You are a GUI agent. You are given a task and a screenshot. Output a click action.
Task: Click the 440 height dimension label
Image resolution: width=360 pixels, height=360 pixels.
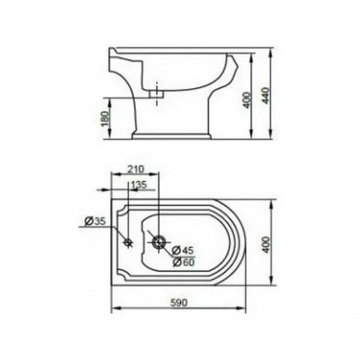[x=265, y=96]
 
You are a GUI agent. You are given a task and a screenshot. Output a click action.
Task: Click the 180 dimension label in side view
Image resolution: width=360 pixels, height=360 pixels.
[x=105, y=119]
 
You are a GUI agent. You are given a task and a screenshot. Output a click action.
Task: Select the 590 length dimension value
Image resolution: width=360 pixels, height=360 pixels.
[x=179, y=302]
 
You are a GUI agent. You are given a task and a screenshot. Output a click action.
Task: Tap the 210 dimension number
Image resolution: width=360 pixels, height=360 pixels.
[x=136, y=169]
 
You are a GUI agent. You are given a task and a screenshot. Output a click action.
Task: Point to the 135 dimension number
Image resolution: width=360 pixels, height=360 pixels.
[x=139, y=185]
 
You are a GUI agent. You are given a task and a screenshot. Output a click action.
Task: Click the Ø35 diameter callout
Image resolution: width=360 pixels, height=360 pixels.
[x=95, y=221]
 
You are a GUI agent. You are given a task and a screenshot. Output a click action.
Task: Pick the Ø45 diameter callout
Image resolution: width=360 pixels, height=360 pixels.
[x=184, y=250]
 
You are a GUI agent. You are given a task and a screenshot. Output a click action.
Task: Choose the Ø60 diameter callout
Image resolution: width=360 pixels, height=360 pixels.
[x=184, y=263]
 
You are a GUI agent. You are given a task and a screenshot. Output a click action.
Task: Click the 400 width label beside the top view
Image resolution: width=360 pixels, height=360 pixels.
[x=266, y=244]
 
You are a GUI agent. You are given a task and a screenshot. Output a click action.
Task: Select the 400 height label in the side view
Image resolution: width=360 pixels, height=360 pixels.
[x=246, y=99]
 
